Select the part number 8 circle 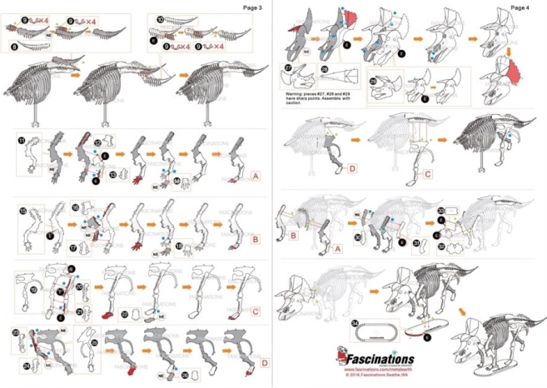coord(16,47)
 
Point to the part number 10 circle coord(161,17)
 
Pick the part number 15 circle coord(22,210)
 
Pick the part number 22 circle coord(126,313)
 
